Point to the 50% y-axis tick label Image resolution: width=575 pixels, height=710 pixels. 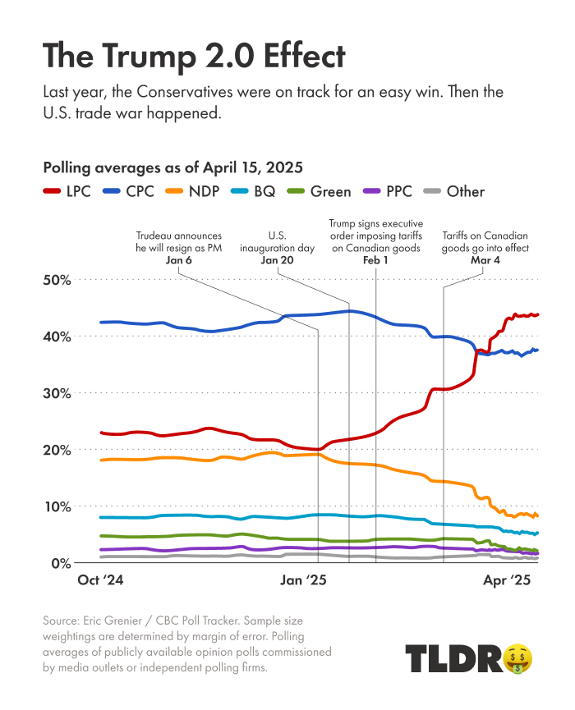click(x=57, y=280)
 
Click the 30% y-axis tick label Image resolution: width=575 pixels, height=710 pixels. click(x=57, y=393)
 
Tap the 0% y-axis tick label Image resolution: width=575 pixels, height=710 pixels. click(x=62, y=564)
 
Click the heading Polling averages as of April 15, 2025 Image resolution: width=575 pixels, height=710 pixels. click(x=172, y=167)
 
